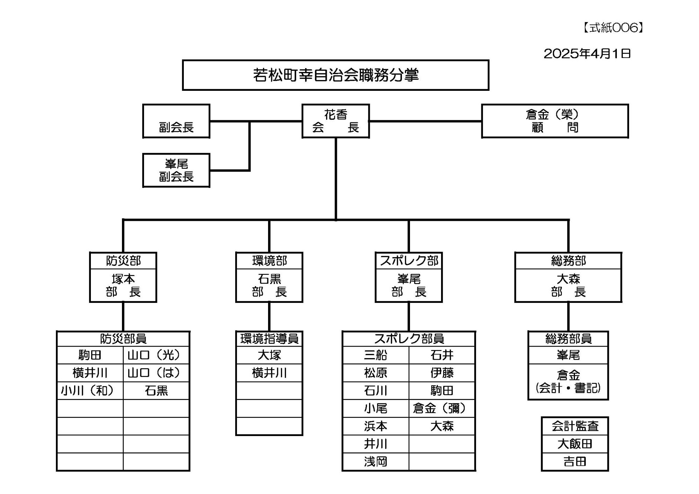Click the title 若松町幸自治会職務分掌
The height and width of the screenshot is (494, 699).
pyautogui.click(x=336, y=75)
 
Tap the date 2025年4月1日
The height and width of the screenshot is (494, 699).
pyautogui.click(x=587, y=53)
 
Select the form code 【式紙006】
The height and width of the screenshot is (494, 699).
pyautogui.click(x=613, y=28)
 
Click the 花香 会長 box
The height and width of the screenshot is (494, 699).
pyautogui.click(x=336, y=121)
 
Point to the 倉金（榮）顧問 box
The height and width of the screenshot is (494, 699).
pyautogui.click(x=555, y=121)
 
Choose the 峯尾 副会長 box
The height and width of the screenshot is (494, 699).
pyautogui.click(x=176, y=170)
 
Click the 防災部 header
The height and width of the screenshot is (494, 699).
pyautogui.click(x=123, y=261)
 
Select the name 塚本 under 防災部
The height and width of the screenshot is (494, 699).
pyautogui.click(x=123, y=279)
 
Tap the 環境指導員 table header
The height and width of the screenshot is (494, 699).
pyautogui.click(x=269, y=339)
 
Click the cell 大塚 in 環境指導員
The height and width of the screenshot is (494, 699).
pyautogui.click(x=269, y=355)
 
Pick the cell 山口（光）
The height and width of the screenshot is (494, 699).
pyautogui.click(x=156, y=355)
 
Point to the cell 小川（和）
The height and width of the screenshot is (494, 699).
pyautogui.click(x=90, y=391)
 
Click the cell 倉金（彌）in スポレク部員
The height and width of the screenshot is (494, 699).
pyautogui.click(x=442, y=408)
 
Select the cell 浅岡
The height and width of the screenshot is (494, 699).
pyautogui.click(x=375, y=462)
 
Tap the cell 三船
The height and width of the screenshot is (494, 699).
pyautogui.click(x=375, y=355)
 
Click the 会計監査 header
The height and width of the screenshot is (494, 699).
pyautogui.click(x=575, y=426)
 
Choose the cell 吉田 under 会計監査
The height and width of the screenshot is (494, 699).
pyautogui.click(x=575, y=462)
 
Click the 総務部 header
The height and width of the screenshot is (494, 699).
pyautogui.click(x=568, y=261)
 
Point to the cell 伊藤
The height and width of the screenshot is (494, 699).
pyautogui.click(x=442, y=373)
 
